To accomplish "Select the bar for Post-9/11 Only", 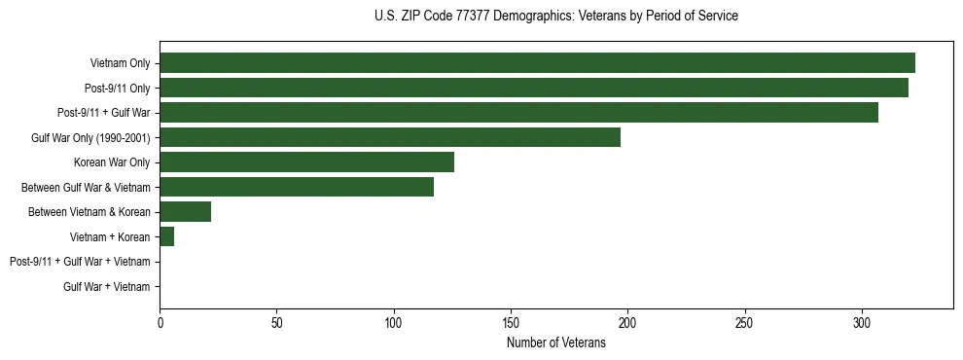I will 534,89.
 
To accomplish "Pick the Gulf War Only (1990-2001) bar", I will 390,137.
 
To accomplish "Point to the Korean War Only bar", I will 306,162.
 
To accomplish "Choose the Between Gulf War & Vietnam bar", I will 297,187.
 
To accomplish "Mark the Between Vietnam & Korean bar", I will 185,212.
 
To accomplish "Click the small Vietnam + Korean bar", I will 166,236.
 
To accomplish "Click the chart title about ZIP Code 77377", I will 555,17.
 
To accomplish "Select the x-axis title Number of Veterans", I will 555,342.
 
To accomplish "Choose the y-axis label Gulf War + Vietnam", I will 106,287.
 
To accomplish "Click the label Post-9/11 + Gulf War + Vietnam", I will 80,262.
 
